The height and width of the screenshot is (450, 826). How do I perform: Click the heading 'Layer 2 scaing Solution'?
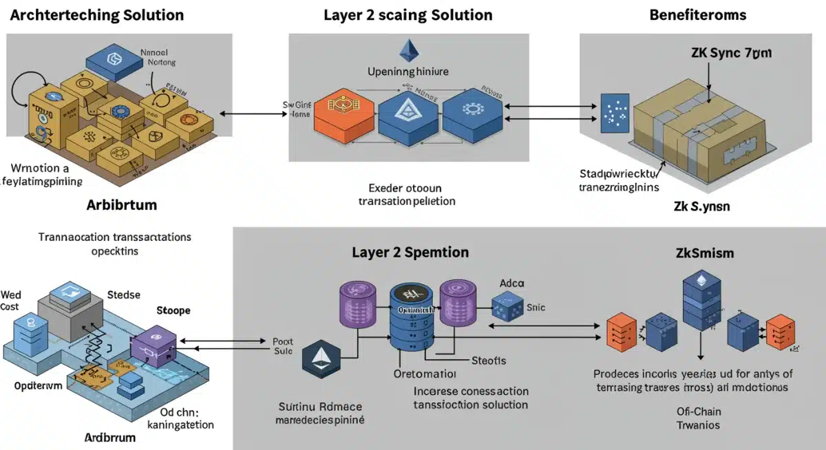tap(408, 14)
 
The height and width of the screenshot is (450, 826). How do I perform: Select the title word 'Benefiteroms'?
tap(698, 14)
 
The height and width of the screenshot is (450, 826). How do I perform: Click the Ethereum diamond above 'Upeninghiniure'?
tap(409, 51)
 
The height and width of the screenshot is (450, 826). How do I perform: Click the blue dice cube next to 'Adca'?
tap(508, 306)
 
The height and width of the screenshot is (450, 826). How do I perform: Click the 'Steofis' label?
tap(488, 361)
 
